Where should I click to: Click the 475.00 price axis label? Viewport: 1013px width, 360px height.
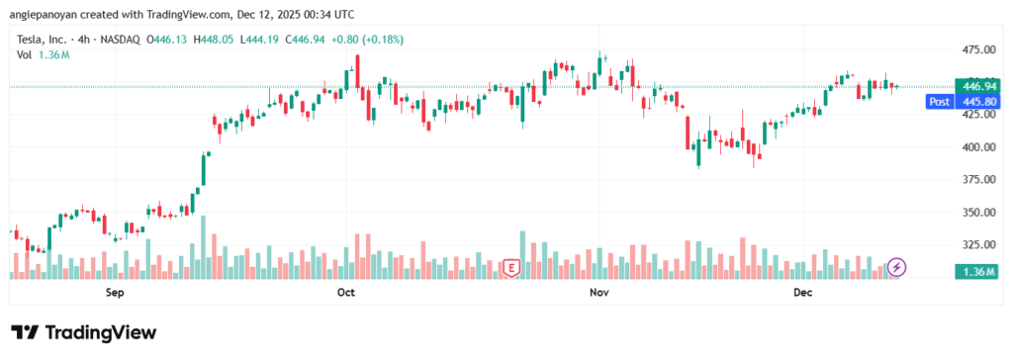point(978,49)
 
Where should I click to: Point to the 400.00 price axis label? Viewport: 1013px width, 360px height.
point(978,147)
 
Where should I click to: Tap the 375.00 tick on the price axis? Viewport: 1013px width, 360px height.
point(978,180)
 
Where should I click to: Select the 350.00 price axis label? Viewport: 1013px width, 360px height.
point(978,213)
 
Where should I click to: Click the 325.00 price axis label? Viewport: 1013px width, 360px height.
point(978,244)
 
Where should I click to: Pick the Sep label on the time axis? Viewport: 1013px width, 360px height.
point(114,293)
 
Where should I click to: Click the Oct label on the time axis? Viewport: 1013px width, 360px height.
point(345,293)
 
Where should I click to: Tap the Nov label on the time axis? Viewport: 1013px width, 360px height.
point(598,293)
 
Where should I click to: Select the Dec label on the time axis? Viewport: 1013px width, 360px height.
point(802,293)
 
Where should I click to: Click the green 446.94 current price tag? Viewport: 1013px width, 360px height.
point(978,87)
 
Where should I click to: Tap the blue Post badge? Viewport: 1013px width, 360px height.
point(939,102)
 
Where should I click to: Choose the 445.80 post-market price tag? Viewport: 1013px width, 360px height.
point(978,102)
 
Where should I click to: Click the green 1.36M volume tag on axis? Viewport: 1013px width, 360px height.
point(978,272)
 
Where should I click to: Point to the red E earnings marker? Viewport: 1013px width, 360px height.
point(511,267)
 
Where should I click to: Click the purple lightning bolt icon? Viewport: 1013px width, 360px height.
point(896,267)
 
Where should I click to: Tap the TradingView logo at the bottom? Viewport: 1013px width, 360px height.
point(83,332)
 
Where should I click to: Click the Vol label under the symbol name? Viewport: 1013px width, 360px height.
point(25,54)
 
